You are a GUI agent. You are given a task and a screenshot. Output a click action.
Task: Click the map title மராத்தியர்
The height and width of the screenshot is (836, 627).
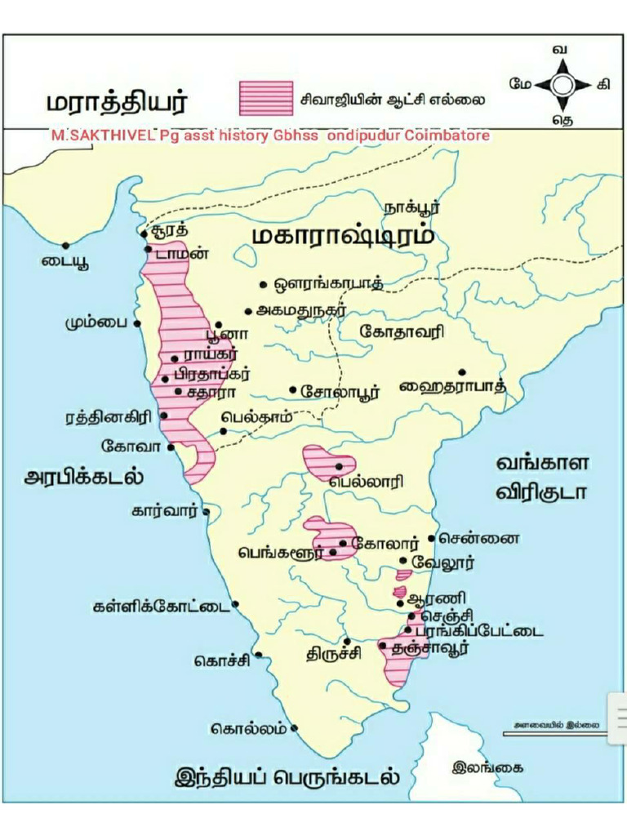tap(116, 104)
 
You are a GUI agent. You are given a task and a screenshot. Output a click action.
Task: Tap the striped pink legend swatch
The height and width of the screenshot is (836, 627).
tap(266, 98)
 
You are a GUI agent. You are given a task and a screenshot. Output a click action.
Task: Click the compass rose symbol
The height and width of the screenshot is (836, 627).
tap(561, 85)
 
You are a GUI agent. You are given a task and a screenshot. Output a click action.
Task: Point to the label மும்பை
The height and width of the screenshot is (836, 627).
tap(96, 322)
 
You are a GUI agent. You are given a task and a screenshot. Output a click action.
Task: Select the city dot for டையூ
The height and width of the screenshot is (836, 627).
tap(65, 245)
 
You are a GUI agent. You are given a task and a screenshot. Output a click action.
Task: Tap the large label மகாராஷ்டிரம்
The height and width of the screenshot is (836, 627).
tap(342, 236)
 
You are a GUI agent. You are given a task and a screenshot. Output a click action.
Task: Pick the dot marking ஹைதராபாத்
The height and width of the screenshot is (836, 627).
tap(461, 372)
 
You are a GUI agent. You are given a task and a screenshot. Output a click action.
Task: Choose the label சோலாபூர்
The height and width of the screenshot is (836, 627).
tap(340, 391)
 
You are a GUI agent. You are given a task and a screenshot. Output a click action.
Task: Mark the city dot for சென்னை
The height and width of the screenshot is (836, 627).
tap(431, 539)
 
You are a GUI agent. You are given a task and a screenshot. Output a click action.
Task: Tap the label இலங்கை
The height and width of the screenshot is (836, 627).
tap(487, 767)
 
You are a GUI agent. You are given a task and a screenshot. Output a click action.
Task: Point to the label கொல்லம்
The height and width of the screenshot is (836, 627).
tap(249, 727)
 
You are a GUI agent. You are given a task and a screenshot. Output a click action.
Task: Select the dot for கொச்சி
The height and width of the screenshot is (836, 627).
tap(258, 655)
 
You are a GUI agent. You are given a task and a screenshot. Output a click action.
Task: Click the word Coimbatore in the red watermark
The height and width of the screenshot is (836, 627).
tap(451, 135)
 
